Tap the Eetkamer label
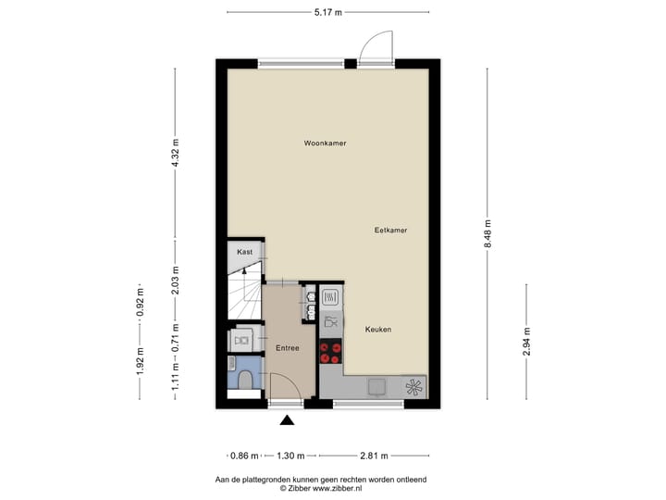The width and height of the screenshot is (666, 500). [391, 230]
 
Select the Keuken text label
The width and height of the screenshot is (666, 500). [377, 330]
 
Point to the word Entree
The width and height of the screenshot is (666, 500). [287, 347]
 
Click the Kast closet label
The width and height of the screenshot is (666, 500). [244, 252]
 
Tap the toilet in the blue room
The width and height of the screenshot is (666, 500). [242, 381]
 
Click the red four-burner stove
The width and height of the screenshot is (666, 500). [330, 352]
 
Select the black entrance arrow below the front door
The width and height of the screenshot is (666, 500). [287, 420]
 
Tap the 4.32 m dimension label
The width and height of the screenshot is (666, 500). [175, 152]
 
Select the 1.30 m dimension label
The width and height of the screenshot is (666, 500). [291, 456]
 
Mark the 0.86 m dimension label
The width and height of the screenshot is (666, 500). [244, 456]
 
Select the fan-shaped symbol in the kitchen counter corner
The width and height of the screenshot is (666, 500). [414, 385]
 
